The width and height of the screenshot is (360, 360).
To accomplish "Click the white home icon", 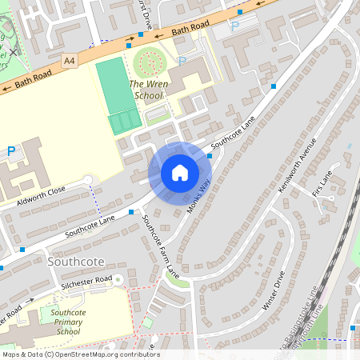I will coord(179,173).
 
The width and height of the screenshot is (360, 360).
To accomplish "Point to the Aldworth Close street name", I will coord(35,198).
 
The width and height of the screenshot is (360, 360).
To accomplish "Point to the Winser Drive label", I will coord(273,294).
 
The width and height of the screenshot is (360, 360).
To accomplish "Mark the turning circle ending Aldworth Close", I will coord(88,179).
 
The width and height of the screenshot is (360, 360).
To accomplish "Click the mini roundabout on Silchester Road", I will coord(118,279).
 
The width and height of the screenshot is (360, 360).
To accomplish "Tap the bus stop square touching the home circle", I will coord(210,156).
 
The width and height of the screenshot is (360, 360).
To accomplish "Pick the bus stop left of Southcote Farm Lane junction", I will coord(131,212).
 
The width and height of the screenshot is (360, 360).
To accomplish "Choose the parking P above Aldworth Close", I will coord(11,150).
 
